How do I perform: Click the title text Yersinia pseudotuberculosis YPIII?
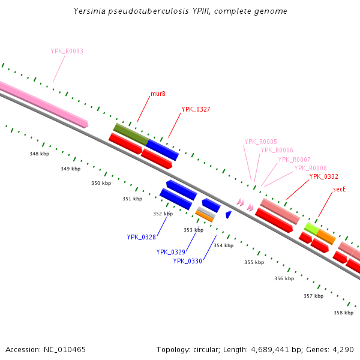pos(180,11)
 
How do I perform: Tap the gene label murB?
pos(158,94)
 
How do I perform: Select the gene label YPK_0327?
pos(195,110)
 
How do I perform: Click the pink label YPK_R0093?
pos(67,52)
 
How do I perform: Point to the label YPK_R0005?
pos(260,142)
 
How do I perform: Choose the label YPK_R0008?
pos(310,168)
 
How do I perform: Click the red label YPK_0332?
pos(323,176)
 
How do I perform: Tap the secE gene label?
pos(340,190)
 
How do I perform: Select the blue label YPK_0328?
pos(141,237)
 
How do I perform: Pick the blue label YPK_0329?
pos(170,253)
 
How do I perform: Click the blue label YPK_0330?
pos(188,261)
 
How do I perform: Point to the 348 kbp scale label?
pos(39,154)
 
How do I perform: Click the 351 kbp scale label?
pos(133,199)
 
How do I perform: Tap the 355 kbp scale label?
pos(254,262)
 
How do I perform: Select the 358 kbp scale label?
pos(343,313)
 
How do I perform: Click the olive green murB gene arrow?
pos(130,134)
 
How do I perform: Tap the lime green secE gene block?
pos(311,228)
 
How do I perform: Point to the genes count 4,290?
pos(344,349)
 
